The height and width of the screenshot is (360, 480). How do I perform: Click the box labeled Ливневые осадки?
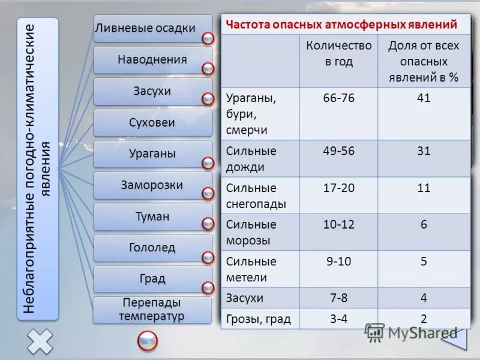click(152, 28)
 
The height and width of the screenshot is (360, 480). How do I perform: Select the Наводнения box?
click(152, 59)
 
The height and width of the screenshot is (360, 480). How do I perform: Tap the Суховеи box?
click(152, 122)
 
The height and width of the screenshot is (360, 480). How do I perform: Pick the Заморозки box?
click(152, 185)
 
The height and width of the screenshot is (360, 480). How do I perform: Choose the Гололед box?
click(152, 247)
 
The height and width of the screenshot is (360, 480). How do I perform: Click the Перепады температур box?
click(152, 310)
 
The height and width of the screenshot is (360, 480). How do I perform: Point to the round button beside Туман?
click(208, 224)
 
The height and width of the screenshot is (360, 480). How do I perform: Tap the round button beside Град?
click(208, 287)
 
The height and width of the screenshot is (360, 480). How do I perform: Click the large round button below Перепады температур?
click(148, 341)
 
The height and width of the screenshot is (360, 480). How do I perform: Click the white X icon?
click(39, 341)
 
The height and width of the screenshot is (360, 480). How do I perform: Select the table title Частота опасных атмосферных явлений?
click(341, 25)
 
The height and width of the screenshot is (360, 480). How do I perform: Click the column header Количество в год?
click(338, 53)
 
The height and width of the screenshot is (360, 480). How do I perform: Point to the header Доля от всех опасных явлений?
click(424, 61)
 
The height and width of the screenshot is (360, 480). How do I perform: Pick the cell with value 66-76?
click(338, 98)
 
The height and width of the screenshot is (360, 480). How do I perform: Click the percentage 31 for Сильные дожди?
click(424, 151)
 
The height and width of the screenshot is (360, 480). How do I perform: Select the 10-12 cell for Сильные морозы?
click(338, 224)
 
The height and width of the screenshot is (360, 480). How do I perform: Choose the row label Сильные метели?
click(252, 269)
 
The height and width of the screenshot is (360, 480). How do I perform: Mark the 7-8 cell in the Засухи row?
click(338, 298)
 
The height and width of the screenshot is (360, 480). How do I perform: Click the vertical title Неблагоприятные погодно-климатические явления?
click(37, 169)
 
